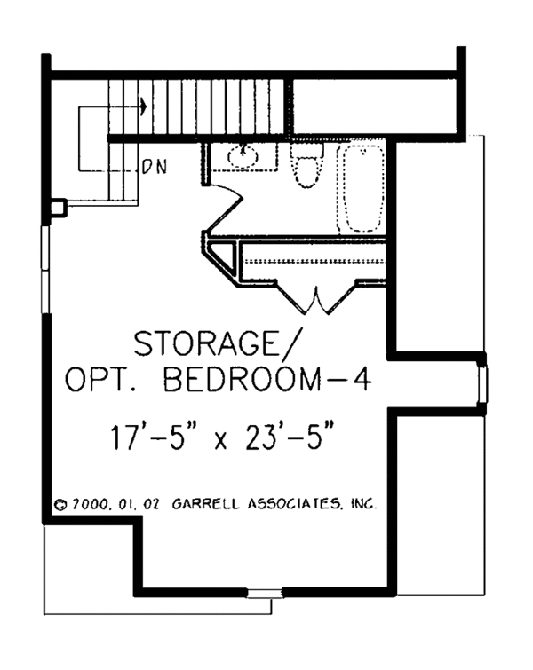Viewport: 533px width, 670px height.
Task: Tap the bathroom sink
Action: click(243, 156)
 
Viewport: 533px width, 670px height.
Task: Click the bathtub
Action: click(361, 188)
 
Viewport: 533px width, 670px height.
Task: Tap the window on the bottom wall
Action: click(261, 593)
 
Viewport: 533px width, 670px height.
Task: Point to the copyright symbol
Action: click(61, 504)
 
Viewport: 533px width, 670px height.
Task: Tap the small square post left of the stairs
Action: click(58, 208)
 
